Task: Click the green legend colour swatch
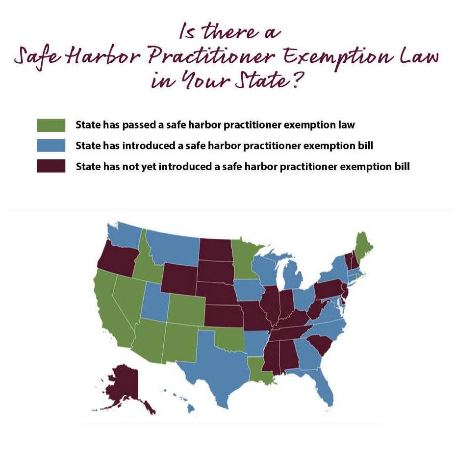(x=51, y=125)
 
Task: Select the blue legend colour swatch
(x=51, y=146)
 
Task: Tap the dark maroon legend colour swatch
(x=51, y=166)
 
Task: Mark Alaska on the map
(x=122, y=385)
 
